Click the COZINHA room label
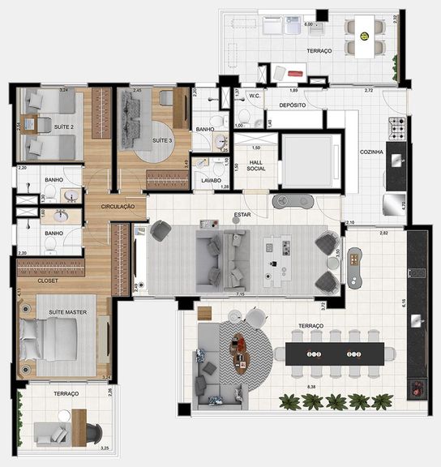pos(372,152)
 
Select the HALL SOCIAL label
pos(256,165)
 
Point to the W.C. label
pos(254,96)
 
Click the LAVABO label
pos(212,181)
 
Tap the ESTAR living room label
pos(241,216)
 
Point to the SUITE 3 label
pos(162,140)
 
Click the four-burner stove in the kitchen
pos(398,126)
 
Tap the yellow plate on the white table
pos(365,36)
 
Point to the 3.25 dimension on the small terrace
pos(105,447)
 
